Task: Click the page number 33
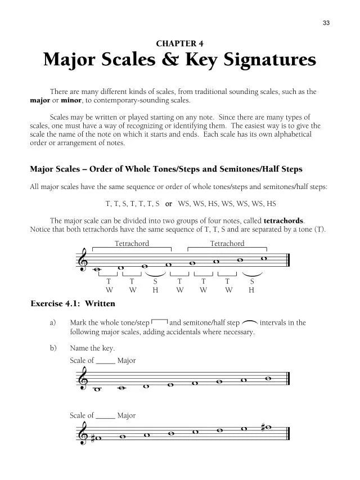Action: tap(326, 23)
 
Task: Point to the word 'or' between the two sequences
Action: tap(168, 203)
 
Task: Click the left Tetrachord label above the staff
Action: tap(132, 244)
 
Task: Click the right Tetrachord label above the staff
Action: tap(227, 244)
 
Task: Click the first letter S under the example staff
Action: tap(156, 281)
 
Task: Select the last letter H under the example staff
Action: tap(251, 290)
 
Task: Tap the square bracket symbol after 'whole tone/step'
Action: tap(159, 322)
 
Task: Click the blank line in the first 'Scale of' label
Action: tap(106, 361)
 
